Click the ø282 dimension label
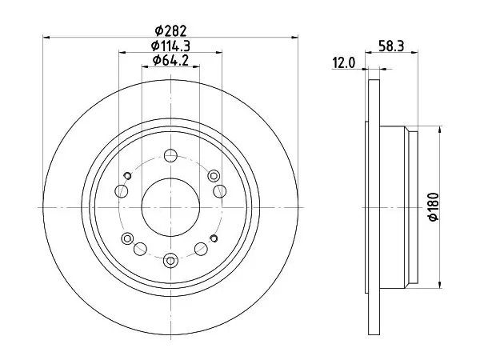tap(170, 30)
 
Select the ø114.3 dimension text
tap(170, 46)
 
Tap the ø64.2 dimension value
tap(170, 60)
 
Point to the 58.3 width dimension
tap(391, 46)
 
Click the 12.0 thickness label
tap(343, 63)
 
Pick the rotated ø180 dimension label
tap(434, 207)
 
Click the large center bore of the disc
tap(170, 207)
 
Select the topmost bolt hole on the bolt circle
tap(170, 155)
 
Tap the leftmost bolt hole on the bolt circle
tap(122, 191)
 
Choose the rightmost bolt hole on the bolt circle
tap(220, 191)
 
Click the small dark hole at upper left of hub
tap(127, 176)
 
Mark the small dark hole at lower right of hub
tap(214, 238)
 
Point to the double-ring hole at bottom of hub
tap(170, 261)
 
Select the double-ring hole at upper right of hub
tap(214, 176)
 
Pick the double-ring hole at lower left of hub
tap(127, 238)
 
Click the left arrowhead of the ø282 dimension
tap(46, 38)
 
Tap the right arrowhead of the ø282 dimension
tap(294, 38)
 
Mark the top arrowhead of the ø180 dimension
tap(440, 130)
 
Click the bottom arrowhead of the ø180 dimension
tap(440, 285)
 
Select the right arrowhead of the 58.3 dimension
tap(414, 53)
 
